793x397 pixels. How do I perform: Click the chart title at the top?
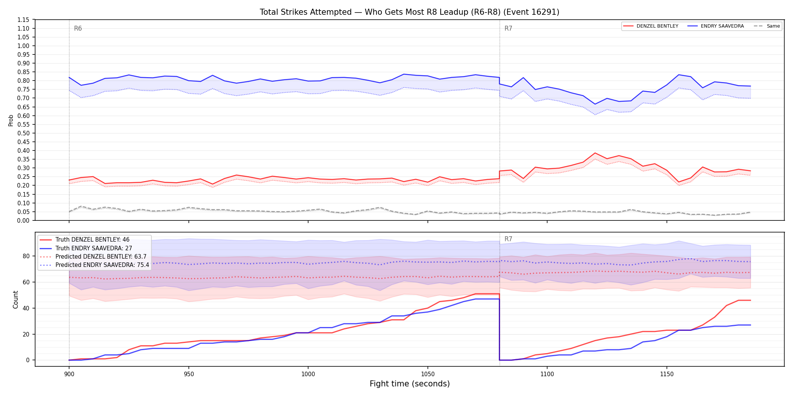pyautogui.click(x=409, y=12)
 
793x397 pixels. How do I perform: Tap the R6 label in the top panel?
pyautogui.click(x=78, y=28)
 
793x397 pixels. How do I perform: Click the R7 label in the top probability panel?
pyautogui.click(x=508, y=28)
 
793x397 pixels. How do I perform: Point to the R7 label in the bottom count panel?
pyautogui.click(x=508, y=239)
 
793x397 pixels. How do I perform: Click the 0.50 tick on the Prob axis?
pyautogui.click(x=24, y=133)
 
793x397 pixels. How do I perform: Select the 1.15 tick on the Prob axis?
pyautogui.click(x=24, y=20)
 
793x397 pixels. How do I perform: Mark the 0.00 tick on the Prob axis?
pyautogui.click(x=24, y=220)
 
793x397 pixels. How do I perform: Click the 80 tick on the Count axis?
pyautogui.click(x=26, y=256)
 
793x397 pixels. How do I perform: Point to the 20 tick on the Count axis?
pyautogui.click(x=26, y=334)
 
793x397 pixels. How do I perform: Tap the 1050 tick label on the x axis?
pyautogui.click(x=427, y=374)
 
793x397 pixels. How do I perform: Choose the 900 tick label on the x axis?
pyautogui.click(x=69, y=374)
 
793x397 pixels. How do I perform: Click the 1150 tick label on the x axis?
pyautogui.click(x=666, y=374)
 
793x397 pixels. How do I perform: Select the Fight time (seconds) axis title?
pyautogui.click(x=410, y=384)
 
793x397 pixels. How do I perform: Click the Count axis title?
pyautogui.click(x=15, y=299)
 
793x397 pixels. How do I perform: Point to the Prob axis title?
pyautogui.click(x=11, y=120)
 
